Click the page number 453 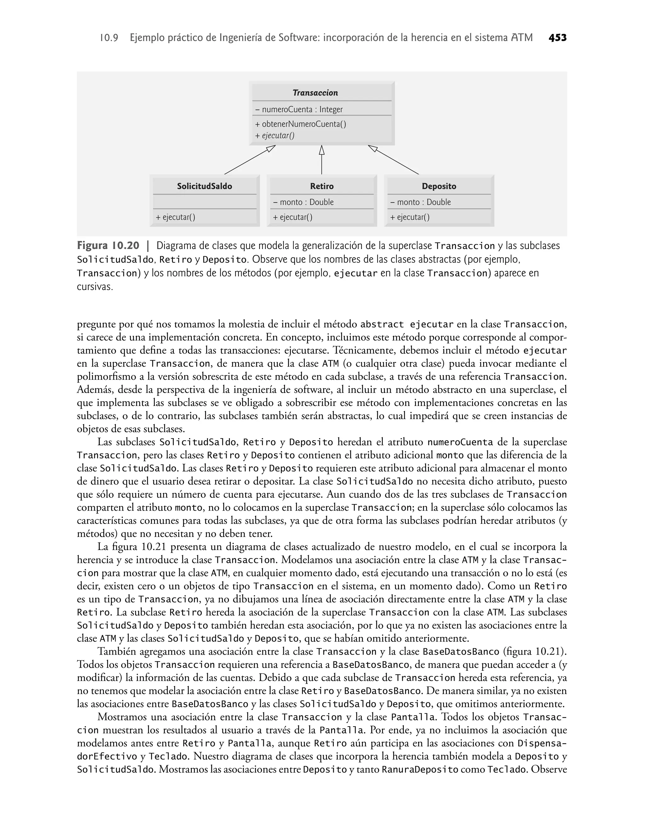(557, 38)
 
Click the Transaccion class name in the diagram (315, 93)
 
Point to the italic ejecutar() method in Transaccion (275, 136)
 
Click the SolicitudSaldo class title (204, 186)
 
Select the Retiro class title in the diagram (322, 186)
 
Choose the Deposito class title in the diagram (439, 186)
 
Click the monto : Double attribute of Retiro (303, 202)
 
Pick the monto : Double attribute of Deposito (420, 202)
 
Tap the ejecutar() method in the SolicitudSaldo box (176, 217)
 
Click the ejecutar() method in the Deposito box (410, 217)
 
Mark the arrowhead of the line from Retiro (322, 150)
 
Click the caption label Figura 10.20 (108, 246)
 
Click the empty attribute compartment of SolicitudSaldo (204, 202)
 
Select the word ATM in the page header (522, 38)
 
